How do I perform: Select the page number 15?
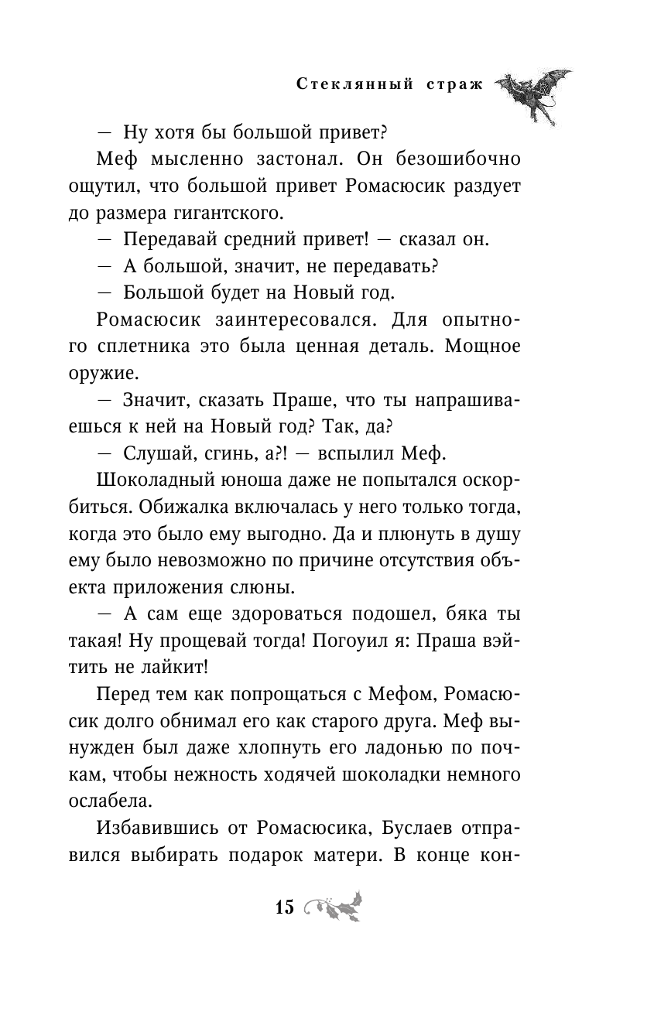pyautogui.click(x=284, y=907)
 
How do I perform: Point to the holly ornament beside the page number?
pyautogui.click(x=333, y=907)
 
